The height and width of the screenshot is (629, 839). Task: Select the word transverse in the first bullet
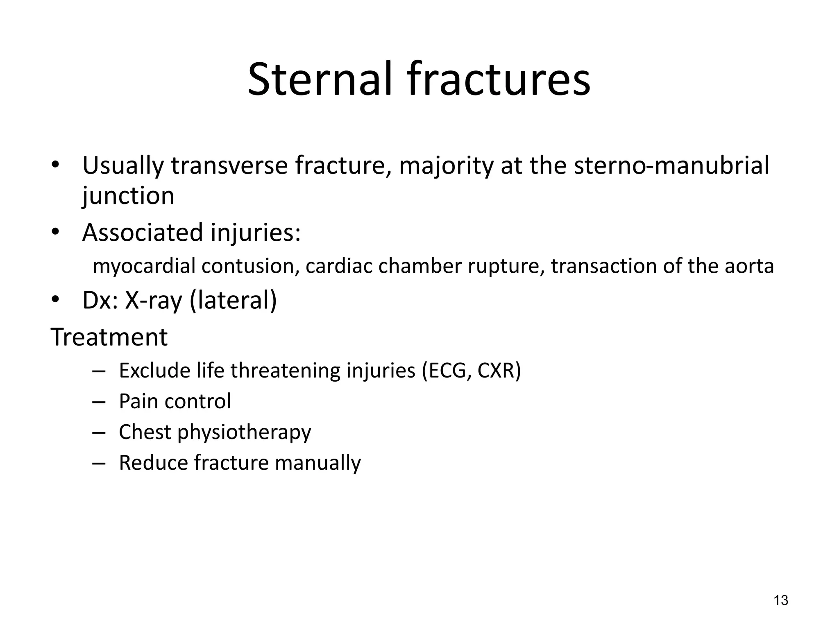[x=229, y=166]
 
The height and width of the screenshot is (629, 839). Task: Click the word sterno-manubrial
[x=671, y=166]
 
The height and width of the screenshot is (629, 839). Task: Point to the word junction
[x=128, y=196]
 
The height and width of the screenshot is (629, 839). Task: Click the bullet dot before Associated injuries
[x=56, y=232]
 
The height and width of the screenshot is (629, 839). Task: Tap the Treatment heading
[x=109, y=337]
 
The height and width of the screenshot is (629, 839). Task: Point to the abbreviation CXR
[x=499, y=371]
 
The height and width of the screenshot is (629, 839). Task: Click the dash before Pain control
[x=99, y=402]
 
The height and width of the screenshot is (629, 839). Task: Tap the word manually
[x=317, y=463]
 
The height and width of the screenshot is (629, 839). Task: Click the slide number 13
[x=781, y=600]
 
